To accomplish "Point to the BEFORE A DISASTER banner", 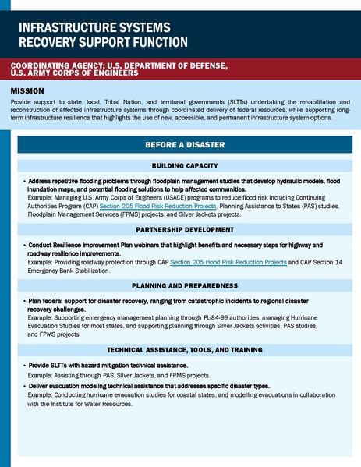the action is pyautogui.click(x=185, y=145).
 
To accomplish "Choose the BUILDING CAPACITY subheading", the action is pyautogui.click(x=185, y=166).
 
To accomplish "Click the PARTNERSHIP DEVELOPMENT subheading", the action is pyautogui.click(x=185, y=232).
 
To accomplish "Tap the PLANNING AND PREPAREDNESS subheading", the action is pyautogui.click(x=185, y=285).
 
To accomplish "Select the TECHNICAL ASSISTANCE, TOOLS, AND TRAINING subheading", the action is pyautogui.click(x=185, y=350).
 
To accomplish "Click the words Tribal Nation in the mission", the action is pyautogui.click(x=126, y=101).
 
